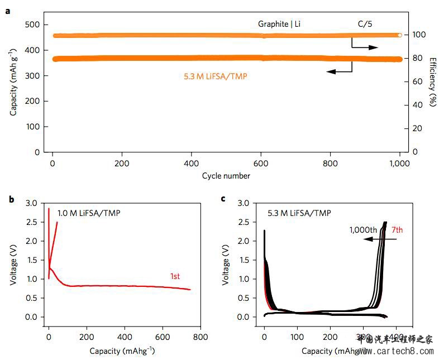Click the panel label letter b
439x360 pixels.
click(7, 198)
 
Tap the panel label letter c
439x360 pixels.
click(224, 198)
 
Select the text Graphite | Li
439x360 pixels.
click(283, 24)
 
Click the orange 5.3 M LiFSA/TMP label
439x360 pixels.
click(215, 76)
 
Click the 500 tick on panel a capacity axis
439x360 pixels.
click(34, 25)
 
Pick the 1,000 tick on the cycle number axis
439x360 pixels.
click(399, 164)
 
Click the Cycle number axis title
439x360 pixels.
click(226, 176)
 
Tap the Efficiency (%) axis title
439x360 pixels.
click(433, 81)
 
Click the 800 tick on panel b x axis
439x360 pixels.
click(200, 337)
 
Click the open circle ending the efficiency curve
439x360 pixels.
click(400, 35)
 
